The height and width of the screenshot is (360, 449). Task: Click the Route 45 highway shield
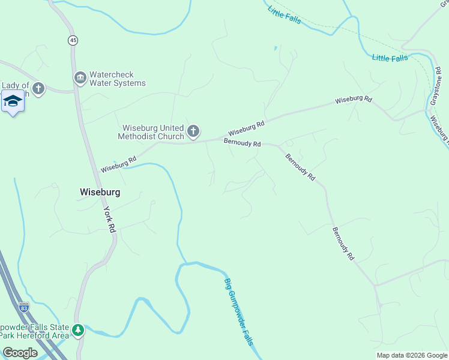73,40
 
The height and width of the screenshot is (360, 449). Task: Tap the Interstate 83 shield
23,307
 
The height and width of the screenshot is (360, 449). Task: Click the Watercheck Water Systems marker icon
80,78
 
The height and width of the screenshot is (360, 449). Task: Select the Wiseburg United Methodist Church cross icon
193,131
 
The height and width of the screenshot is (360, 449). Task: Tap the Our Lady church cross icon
38,89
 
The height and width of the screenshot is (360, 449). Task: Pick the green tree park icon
77,329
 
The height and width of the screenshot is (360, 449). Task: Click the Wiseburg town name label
100,192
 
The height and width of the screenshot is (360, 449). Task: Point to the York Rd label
109,220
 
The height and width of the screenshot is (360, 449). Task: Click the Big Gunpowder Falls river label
239,311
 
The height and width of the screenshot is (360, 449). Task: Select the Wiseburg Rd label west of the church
118,165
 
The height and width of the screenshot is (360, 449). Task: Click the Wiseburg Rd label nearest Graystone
354,99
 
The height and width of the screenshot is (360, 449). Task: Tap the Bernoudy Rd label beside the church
242,143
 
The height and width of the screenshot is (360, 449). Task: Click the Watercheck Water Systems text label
117,79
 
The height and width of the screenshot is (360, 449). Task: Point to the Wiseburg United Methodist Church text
153,131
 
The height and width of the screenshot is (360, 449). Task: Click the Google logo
20,353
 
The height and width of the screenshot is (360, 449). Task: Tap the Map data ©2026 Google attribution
412,355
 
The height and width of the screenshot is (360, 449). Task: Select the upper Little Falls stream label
284,14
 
